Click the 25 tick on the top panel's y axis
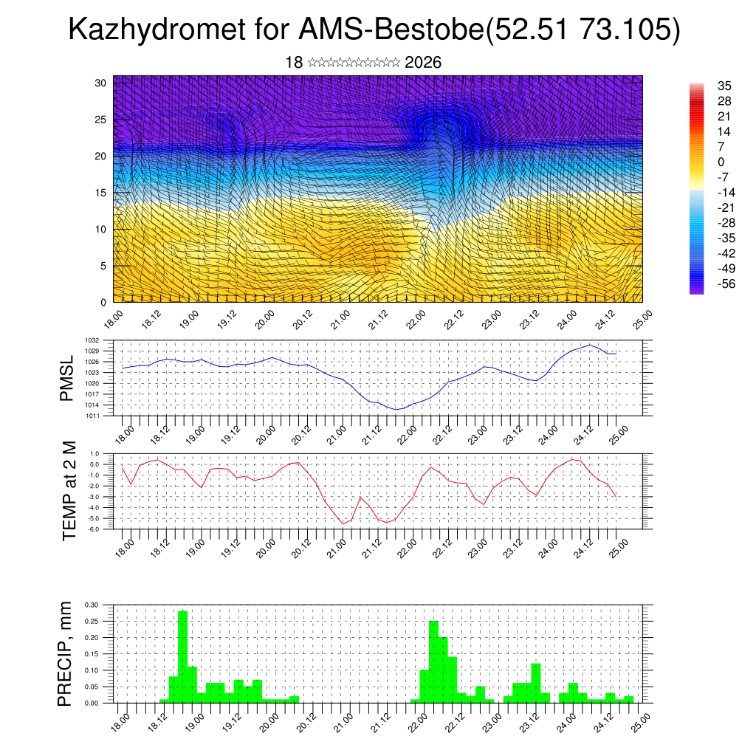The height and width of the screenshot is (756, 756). (x=101, y=119)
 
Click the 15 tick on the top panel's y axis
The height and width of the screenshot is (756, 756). (x=101, y=193)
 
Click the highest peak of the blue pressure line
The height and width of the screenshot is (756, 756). (x=589, y=345)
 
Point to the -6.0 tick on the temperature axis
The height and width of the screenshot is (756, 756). (x=94, y=529)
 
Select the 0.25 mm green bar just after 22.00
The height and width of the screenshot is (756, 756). (x=434, y=662)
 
